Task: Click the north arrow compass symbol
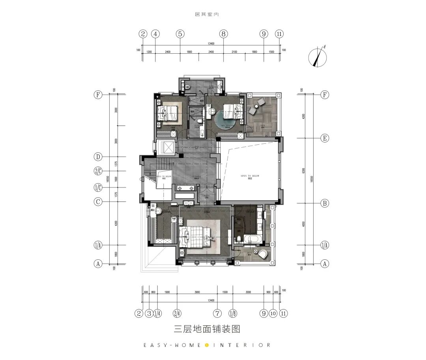[318, 57]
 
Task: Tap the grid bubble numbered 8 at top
[224, 34]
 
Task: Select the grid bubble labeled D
[98, 157]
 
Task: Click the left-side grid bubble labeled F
[98, 95]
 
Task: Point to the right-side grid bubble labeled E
[325, 138]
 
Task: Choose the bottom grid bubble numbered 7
[217, 313]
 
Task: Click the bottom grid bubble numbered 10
[273, 313]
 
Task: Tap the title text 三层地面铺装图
[207, 328]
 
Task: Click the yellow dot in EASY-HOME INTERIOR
[207, 345]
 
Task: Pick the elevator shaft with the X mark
[165, 148]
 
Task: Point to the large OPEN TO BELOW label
[250, 176]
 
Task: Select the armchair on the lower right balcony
[262, 253]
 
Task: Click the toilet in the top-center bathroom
[200, 121]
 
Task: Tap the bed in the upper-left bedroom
[169, 113]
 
